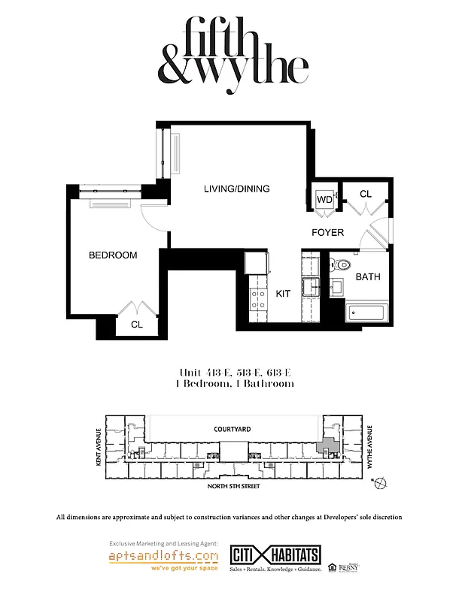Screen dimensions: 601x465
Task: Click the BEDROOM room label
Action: click(113, 255)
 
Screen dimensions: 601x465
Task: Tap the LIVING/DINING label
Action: click(236, 189)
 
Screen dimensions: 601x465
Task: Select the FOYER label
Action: click(328, 233)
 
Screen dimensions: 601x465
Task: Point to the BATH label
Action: click(368, 277)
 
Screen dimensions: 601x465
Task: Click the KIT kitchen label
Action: click(283, 294)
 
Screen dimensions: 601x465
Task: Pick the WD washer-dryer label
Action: click(324, 200)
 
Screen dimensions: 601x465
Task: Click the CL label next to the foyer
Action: click(366, 194)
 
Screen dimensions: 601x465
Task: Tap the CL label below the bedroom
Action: click(137, 325)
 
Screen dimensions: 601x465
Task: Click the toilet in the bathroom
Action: click(342, 265)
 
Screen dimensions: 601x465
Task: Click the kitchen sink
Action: click(310, 286)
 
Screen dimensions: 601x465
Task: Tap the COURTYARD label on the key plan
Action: click(232, 428)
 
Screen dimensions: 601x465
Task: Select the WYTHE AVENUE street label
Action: click(369, 451)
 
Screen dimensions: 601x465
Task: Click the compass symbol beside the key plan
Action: click(383, 482)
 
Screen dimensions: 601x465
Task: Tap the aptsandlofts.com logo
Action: click(164, 557)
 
